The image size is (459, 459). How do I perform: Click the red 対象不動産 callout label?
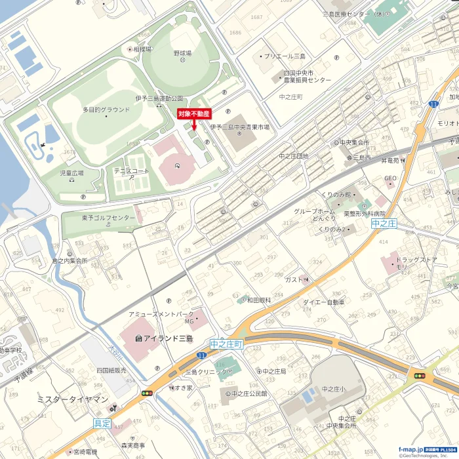pos(195,113)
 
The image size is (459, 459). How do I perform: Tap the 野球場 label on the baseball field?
pos(182,52)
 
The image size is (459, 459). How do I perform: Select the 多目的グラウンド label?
pos(106,110)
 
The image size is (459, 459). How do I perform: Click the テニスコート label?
pos(131,170)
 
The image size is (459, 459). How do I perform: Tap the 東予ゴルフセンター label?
pos(105,218)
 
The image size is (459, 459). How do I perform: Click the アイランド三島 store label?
pos(163,338)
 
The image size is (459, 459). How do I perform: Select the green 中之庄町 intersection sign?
pos(227,344)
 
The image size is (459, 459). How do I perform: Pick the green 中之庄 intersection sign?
pos(384,224)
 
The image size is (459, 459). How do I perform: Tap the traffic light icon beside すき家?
pos(148,393)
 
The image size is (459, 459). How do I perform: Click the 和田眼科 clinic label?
pos(259,300)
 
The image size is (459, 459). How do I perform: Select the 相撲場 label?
pos(142,49)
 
